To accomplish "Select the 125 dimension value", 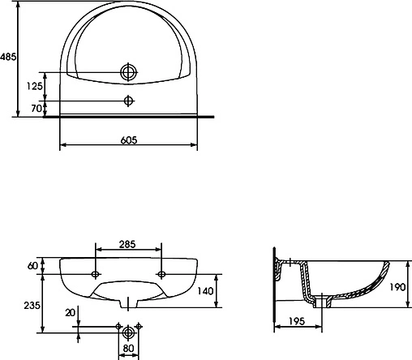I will pyautogui.click(x=34, y=86).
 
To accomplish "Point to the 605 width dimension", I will pyautogui.click(x=128, y=139).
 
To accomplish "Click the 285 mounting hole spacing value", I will pyautogui.click(x=128, y=242).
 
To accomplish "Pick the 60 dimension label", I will pyautogui.click(x=32, y=265).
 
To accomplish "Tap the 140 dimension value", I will pyautogui.click(x=206, y=290).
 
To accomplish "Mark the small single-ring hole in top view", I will pyautogui.click(x=127, y=101).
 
